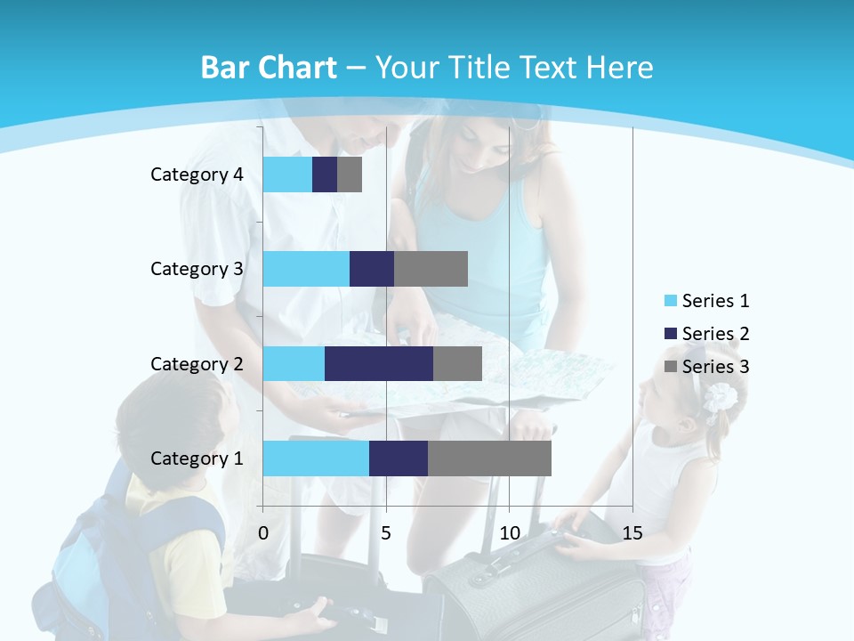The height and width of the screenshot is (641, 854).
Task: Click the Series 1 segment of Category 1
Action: tap(316, 458)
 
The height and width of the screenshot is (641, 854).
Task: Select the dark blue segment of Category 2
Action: tap(379, 363)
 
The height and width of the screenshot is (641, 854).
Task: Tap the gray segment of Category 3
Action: tap(431, 269)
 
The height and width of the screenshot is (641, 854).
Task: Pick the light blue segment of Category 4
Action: tap(287, 174)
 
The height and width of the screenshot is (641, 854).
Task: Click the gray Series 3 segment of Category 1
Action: tap(489, 458)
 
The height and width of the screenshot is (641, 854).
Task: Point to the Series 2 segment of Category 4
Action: tap(325, 174)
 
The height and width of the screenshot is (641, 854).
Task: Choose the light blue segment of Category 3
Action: tap(306, 269)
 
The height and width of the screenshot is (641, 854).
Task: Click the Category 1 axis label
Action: tap(197, 458)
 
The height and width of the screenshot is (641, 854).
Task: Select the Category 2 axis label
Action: tap(197, 363)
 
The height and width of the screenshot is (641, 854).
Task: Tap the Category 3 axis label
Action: tap(197, 269)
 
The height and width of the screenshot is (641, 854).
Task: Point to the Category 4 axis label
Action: tap(197, 174)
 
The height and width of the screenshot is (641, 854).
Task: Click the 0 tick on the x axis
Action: tap(263, 533)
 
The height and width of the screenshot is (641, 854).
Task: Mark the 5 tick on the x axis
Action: tap(386, 533)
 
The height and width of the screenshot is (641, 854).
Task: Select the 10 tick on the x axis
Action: tap(509, 533)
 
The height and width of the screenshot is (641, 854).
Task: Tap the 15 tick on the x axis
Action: tap(632, 533)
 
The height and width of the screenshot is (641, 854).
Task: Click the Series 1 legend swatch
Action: tap(670, 301)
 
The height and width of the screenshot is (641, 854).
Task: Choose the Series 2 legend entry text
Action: tap(715, 334)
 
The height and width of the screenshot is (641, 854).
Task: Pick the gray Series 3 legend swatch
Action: tap(670, 367)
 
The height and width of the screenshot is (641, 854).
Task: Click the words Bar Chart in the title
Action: tap(268, 68)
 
